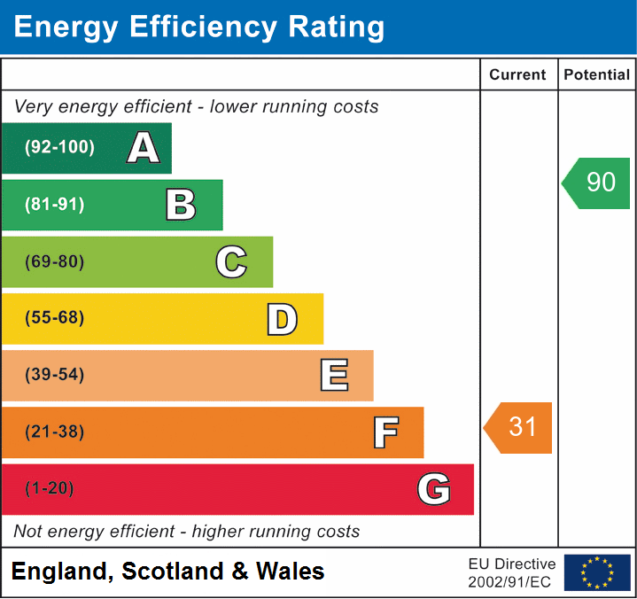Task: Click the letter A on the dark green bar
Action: (x=144, y=148)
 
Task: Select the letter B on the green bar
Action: (x=181, y=205)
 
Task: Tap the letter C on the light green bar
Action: (x=231, y=262)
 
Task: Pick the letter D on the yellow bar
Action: (x=282, y=319)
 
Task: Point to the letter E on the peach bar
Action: (x=334, y=376)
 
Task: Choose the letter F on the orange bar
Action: (x=385, y=432)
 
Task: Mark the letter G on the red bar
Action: (x=434, y=489)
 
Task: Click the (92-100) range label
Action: (x=60, y=148)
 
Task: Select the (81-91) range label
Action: (x=55, y=205)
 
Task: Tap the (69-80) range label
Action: (x=55, y=262)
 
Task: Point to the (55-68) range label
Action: (x=55, y=318)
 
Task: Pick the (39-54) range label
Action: (x=55, y=375)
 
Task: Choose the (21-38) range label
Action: (x=55, y=432)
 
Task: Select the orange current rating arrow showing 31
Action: (x=519, y=427)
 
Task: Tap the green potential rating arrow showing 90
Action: (x=597, y=183)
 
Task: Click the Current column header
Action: (x=518, y=75)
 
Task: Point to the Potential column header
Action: (x=597, y=75)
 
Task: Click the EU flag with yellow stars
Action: (x=597, y=572)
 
